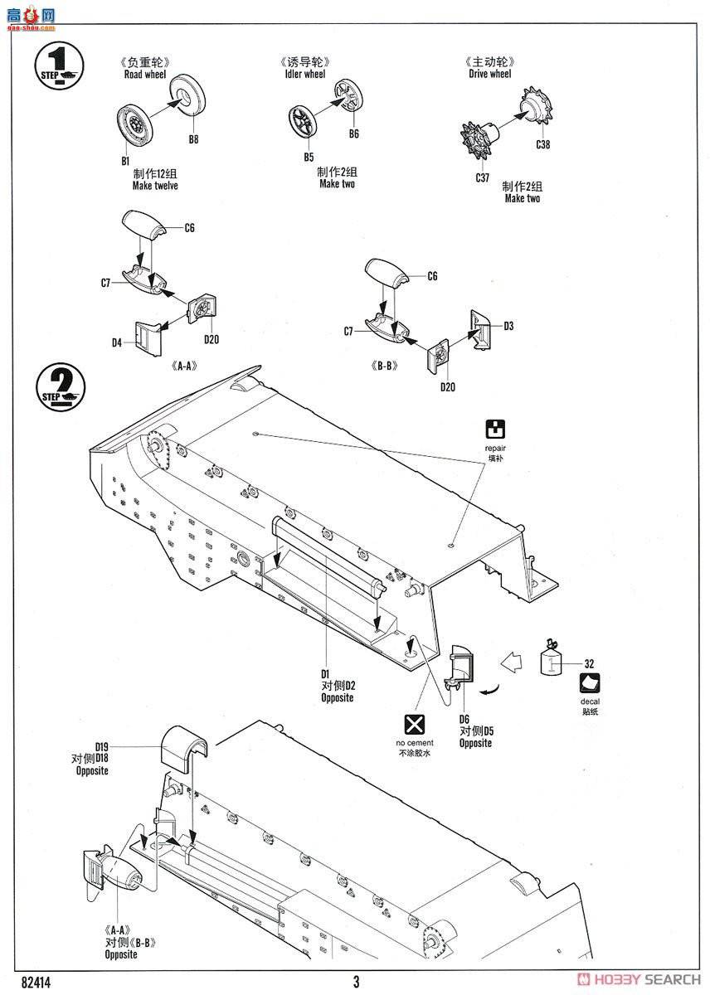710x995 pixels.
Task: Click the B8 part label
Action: pyautogui.click(x=193, y=139)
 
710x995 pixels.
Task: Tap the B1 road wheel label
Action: pyautogui.click(x=125, y=161)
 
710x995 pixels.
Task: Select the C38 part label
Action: pyautogui.click(x=543, y=144)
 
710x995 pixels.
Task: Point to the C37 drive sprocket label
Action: pyautogui.click(x=483, y=177)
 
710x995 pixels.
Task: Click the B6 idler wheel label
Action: pyautogui.click(x=353, y=133)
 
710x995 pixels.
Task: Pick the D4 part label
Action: pyautogui.click(x=117, y=342)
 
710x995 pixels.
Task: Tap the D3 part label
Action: pyautogui.click(x=508, y=326)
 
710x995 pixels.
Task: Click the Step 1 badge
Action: pyautogui.click(x=59, y=66)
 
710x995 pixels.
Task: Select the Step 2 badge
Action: pyautogui.click(x=60, y=388)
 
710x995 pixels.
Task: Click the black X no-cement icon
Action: pyautogui.click(x=415, y=725)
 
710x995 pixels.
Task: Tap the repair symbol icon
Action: pyautogui.click(x=495, y=430)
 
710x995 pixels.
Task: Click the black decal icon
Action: pyautogui.click(x=590, y=683)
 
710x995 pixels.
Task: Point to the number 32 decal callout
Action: pyautogui.click(x=589, y=663)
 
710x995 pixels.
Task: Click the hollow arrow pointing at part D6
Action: pyautogui.click(x=511, y=663)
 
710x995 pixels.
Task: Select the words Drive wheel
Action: pyautogui.click(x=490, y=74)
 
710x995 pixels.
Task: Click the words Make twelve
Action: pyautogui.click(x=155, y=186)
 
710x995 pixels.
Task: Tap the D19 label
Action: pyautogui.click(x=101, y=747)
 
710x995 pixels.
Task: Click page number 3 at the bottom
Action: pyautogui.click(x=356, y=981)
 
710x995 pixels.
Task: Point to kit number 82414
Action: pyautogui.click(x=36, y=982)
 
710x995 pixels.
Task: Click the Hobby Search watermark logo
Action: pyautogui.click(x=638, y=979)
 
